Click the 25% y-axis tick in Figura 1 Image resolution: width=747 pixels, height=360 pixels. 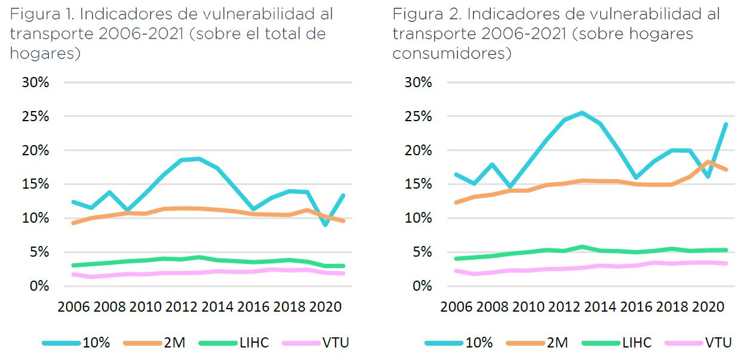35,116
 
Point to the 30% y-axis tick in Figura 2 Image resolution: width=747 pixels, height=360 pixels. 417,82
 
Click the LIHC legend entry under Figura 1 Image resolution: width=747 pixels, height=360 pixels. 253,343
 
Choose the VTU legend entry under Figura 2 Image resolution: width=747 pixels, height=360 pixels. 718,343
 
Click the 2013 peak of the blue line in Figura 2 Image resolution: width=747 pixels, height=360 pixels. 582,112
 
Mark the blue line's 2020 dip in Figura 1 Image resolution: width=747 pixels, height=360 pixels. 325,225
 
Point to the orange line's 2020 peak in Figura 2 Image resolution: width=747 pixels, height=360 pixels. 708,161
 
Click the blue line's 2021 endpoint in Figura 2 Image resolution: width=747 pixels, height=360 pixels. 726,124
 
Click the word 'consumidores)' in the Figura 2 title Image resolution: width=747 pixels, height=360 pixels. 451,53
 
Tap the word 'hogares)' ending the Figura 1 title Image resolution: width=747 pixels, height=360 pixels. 45,53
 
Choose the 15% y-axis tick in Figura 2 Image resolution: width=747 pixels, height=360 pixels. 417,184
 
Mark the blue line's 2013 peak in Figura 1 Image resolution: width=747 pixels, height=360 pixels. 199,158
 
